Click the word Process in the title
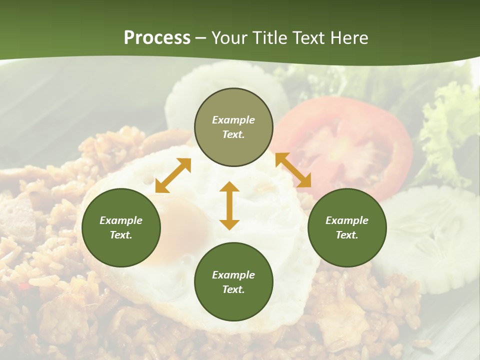(x=157, y=38)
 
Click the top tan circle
(x=233, y=127)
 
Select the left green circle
(x=121, y=227)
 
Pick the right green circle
(x=347, y=227)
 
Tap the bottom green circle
(x=233, y=282)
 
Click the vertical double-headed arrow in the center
(x=229, y=205)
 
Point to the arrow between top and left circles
(x=173, y=175)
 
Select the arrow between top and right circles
(x=293, y=170)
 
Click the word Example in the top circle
(x=233, y=120)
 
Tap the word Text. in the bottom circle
(x=233, y=289)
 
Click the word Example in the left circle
(x=121, y=220)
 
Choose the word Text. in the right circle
(x=347, y=235)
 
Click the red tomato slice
(x=350, y=145)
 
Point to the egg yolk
(x=182, y=225)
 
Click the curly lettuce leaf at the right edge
(x=450, y=125)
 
